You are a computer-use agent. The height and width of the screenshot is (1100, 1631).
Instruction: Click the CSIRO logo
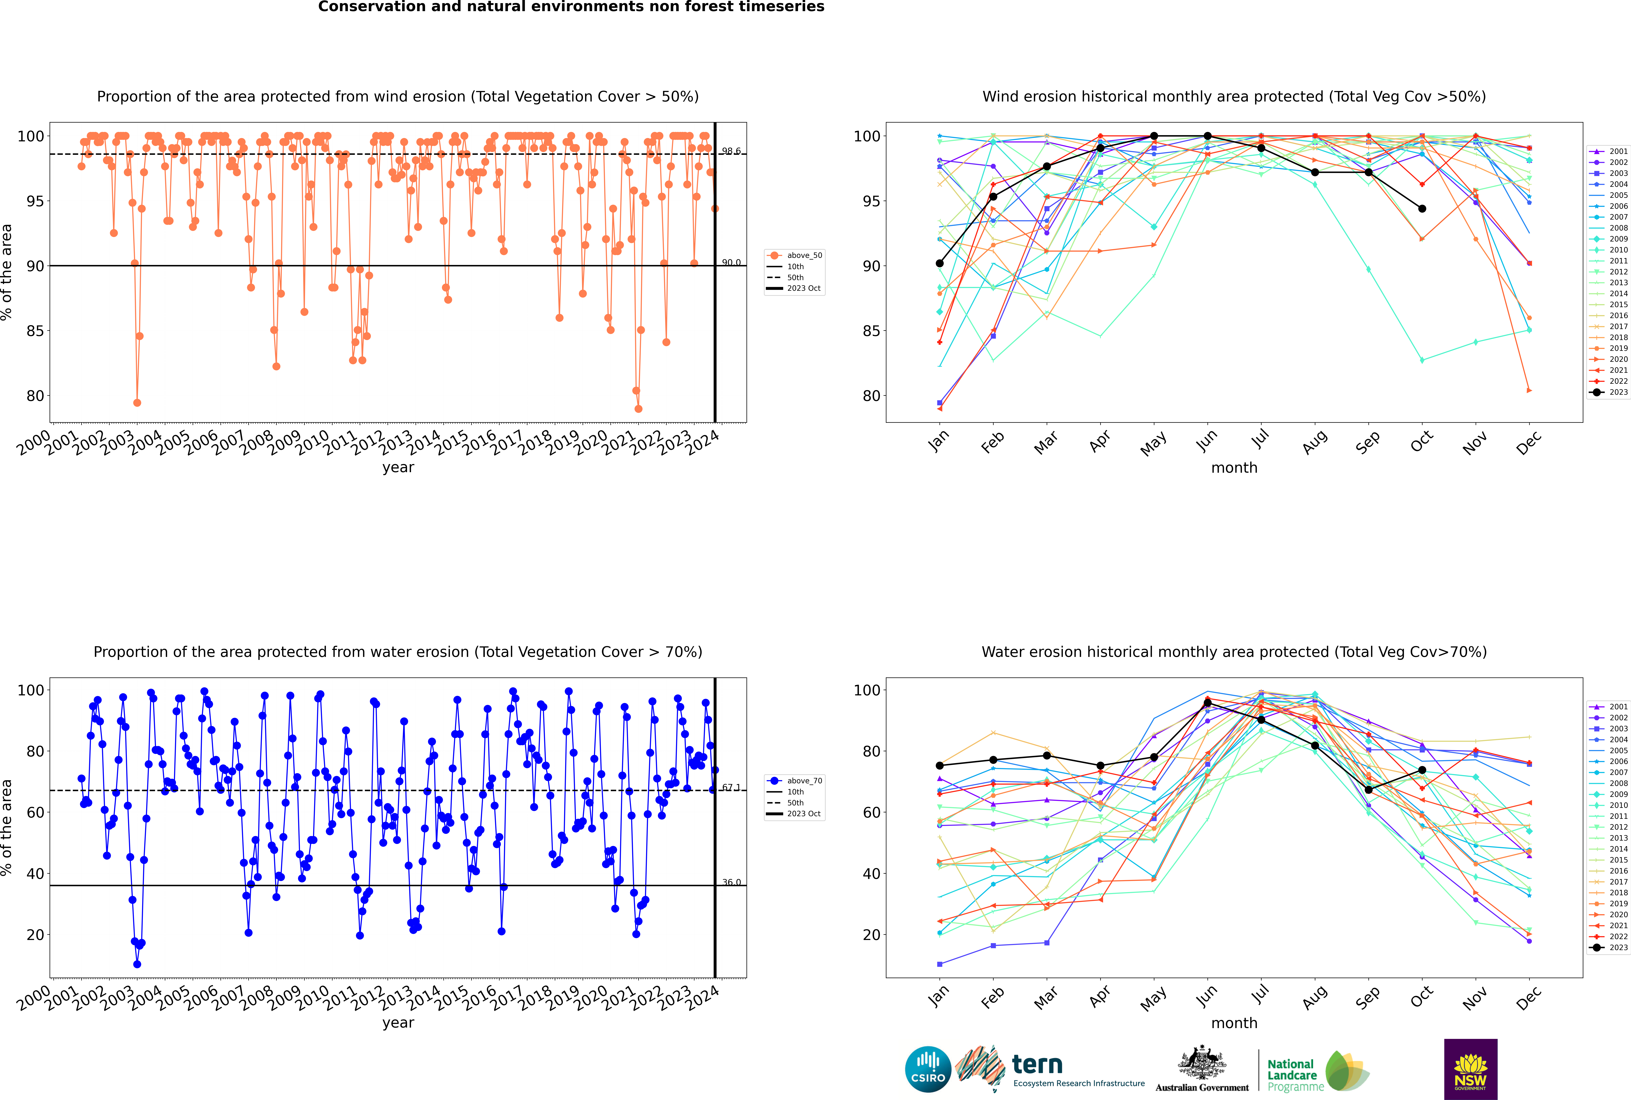[928, 1069]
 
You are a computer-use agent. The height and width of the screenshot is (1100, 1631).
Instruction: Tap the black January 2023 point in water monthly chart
[940, 765]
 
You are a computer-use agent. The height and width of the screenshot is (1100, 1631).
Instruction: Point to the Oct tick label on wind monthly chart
[1421, 442]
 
